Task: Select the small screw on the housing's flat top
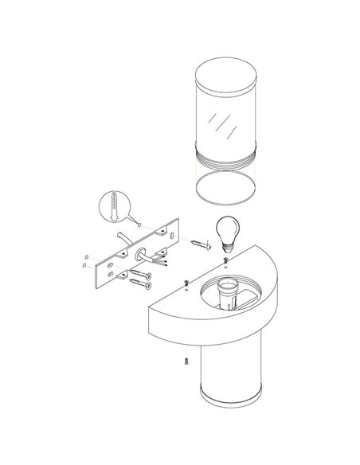[185, 283]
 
